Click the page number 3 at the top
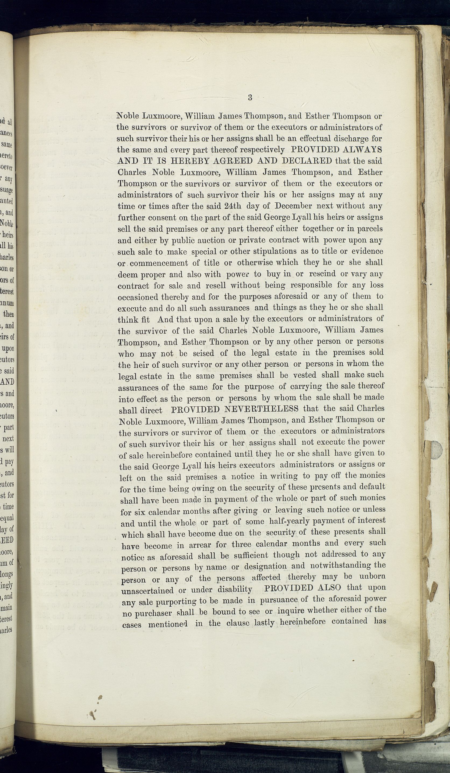(250, 98)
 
